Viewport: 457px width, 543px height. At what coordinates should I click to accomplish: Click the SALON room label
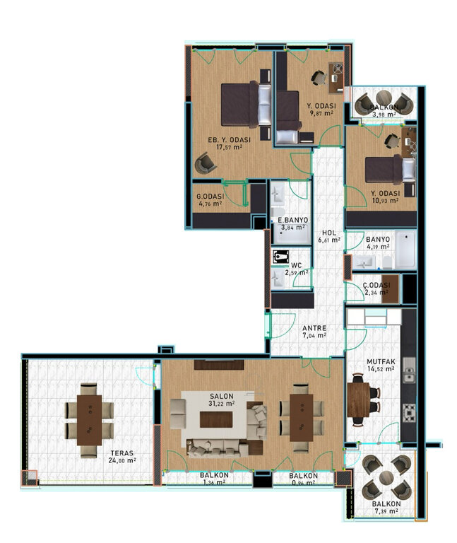(221, 396)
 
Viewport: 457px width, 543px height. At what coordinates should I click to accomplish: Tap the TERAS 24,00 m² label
(123, 457)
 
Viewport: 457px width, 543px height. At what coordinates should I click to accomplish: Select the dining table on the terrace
(90, 420)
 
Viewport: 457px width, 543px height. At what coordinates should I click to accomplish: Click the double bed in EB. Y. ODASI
(247, 104)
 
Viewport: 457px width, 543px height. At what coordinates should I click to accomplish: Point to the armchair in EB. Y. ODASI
(205, 163)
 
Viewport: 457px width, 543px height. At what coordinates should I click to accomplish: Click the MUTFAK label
(381, 362)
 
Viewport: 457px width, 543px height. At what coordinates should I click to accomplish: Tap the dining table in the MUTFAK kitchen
(359, 400)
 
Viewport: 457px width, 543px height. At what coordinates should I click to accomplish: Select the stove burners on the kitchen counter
(409, 412)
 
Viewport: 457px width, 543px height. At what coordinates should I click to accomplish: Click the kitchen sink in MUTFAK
(409, 370)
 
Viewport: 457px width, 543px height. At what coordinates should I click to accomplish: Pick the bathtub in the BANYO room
(405, 250)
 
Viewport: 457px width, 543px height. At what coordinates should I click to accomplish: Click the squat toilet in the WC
(280, 257)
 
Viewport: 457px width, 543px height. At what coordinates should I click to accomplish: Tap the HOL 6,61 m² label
(329, 236)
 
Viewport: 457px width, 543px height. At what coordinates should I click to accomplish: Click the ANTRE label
(314, 328)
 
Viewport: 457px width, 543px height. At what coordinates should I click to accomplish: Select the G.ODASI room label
(210, 197)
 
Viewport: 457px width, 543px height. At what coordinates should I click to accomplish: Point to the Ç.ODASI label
(376, 285)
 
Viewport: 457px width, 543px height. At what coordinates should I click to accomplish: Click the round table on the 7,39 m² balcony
(386, 478)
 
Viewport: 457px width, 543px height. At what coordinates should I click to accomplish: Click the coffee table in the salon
(216, 419)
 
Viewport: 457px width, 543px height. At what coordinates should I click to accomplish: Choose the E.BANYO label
(292, 220)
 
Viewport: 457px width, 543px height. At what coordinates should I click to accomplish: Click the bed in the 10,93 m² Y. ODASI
(390, 170)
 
